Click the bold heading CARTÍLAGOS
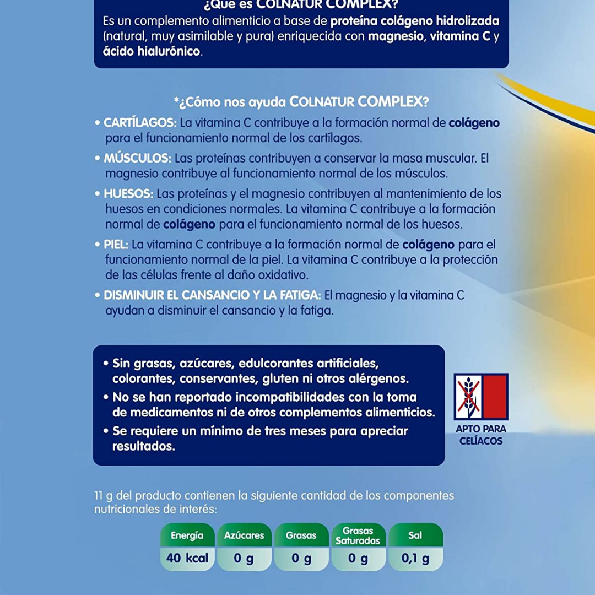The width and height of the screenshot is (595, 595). click(x=140, y=122)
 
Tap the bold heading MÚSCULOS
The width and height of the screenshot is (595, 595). click(x=137, y=158)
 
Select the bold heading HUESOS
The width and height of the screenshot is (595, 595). click(x=128, y=193)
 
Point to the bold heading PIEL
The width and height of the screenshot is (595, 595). click(x=116, y=244)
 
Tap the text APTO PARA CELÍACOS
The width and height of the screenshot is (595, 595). click(x=481, y=435)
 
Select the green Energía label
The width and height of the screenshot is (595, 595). click(x=187, y=535)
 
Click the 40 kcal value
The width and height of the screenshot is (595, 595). click(x=187, y=558)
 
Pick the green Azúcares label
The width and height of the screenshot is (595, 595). click(x=244, y=535)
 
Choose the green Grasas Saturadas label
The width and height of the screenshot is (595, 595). click(x=358, y=535)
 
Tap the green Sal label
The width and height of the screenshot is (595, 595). click(x=415, y=535)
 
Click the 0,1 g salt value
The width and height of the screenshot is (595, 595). click(x=415, y=558)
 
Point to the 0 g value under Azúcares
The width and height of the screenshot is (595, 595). click(x=244, y=558)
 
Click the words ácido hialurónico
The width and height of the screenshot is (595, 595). click(x=152, y=52)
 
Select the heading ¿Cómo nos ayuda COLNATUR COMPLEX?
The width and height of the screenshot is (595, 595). click(x=301, y=102)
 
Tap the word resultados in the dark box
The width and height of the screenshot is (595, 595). click(x=144, y=446)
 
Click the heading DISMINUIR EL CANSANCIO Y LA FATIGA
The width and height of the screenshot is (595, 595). click(x=213, y=295)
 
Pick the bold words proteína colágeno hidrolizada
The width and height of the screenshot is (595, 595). click(x=414, y=21)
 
